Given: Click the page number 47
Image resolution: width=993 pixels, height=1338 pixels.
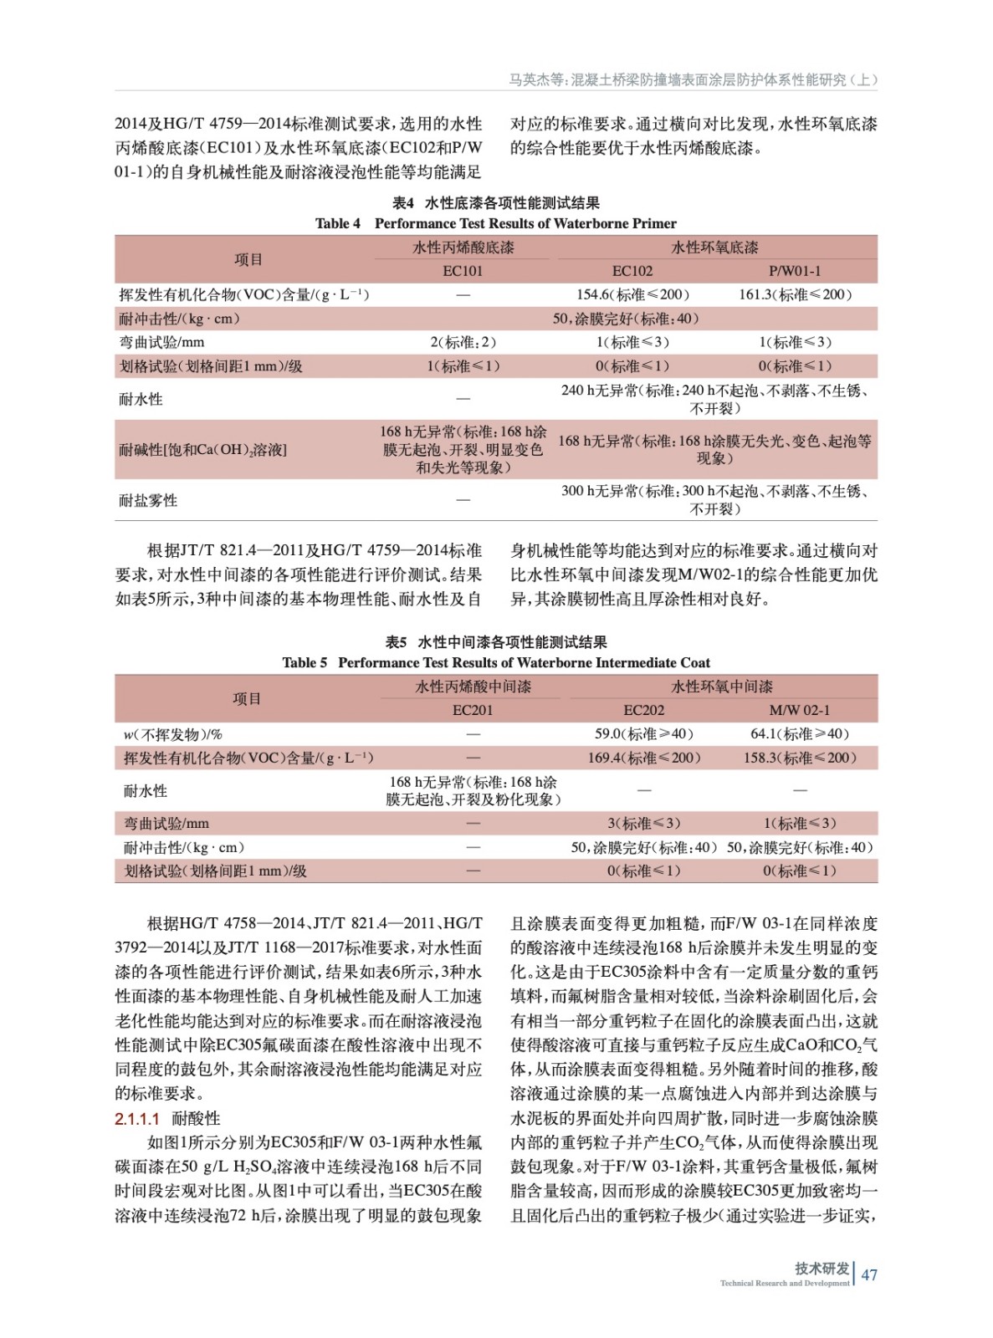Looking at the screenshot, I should (x=869, y=1274).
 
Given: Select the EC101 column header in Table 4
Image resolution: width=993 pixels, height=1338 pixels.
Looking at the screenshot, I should (x=463, y=271).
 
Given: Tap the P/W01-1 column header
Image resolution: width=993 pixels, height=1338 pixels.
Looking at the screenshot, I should (x=794, y=271).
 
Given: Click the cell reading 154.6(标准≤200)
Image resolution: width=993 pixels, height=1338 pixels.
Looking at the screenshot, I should (x=632, y=294).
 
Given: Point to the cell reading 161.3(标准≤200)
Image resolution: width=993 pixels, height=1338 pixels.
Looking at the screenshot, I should (x=795, y=294).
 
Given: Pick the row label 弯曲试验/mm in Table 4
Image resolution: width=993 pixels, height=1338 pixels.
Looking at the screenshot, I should (x=161, y=342).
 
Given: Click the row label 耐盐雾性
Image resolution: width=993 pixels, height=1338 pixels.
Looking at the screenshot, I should (x=148, y=500).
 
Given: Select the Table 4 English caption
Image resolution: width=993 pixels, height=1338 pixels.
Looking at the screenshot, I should (x=495, y=223).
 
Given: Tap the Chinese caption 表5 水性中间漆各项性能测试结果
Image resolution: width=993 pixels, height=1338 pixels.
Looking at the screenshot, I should (x=495, y=642).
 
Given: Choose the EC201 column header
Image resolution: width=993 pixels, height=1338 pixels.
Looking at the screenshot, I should (x=473, y=710).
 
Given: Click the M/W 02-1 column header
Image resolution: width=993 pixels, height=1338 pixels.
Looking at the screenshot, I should (x=799, y=710).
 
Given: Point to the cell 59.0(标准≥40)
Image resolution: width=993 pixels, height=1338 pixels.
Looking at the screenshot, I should (x=643, y=733).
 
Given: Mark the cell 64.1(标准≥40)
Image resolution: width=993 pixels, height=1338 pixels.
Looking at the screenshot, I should (x=799, y=733).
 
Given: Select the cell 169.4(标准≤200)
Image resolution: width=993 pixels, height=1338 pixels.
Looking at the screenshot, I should (x=643, y=758).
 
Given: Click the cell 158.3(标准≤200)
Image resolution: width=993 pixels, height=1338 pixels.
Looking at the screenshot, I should (x=799, y=758).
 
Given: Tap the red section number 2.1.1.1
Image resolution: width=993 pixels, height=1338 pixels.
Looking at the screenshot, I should (x=136, y=1119).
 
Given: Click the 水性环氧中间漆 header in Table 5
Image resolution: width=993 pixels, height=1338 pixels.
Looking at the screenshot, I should (x=721, y=687).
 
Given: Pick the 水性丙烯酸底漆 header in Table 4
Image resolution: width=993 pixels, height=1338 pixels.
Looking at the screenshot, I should (x=463, y=248).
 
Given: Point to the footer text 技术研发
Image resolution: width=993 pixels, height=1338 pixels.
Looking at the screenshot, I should (x=822, y=1269).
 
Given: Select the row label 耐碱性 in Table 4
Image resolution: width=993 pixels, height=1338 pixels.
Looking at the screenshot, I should (x=202, y=450).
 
